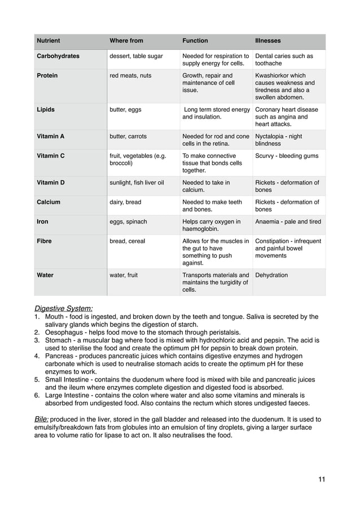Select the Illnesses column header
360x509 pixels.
[268, 41]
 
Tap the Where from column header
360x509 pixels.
[126, 41]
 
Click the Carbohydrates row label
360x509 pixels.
[58, 56]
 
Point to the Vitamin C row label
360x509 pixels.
[51, 156]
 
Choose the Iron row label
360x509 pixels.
[42, 222]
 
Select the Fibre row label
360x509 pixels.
[44, 241]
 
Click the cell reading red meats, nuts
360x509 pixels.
[130, 75]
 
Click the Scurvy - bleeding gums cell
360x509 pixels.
[287, 156]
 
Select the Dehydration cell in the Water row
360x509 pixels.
[271, 275]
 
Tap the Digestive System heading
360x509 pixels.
[64, 308]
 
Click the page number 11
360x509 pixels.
[321, 480]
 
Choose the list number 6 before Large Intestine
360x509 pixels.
[37, 396]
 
